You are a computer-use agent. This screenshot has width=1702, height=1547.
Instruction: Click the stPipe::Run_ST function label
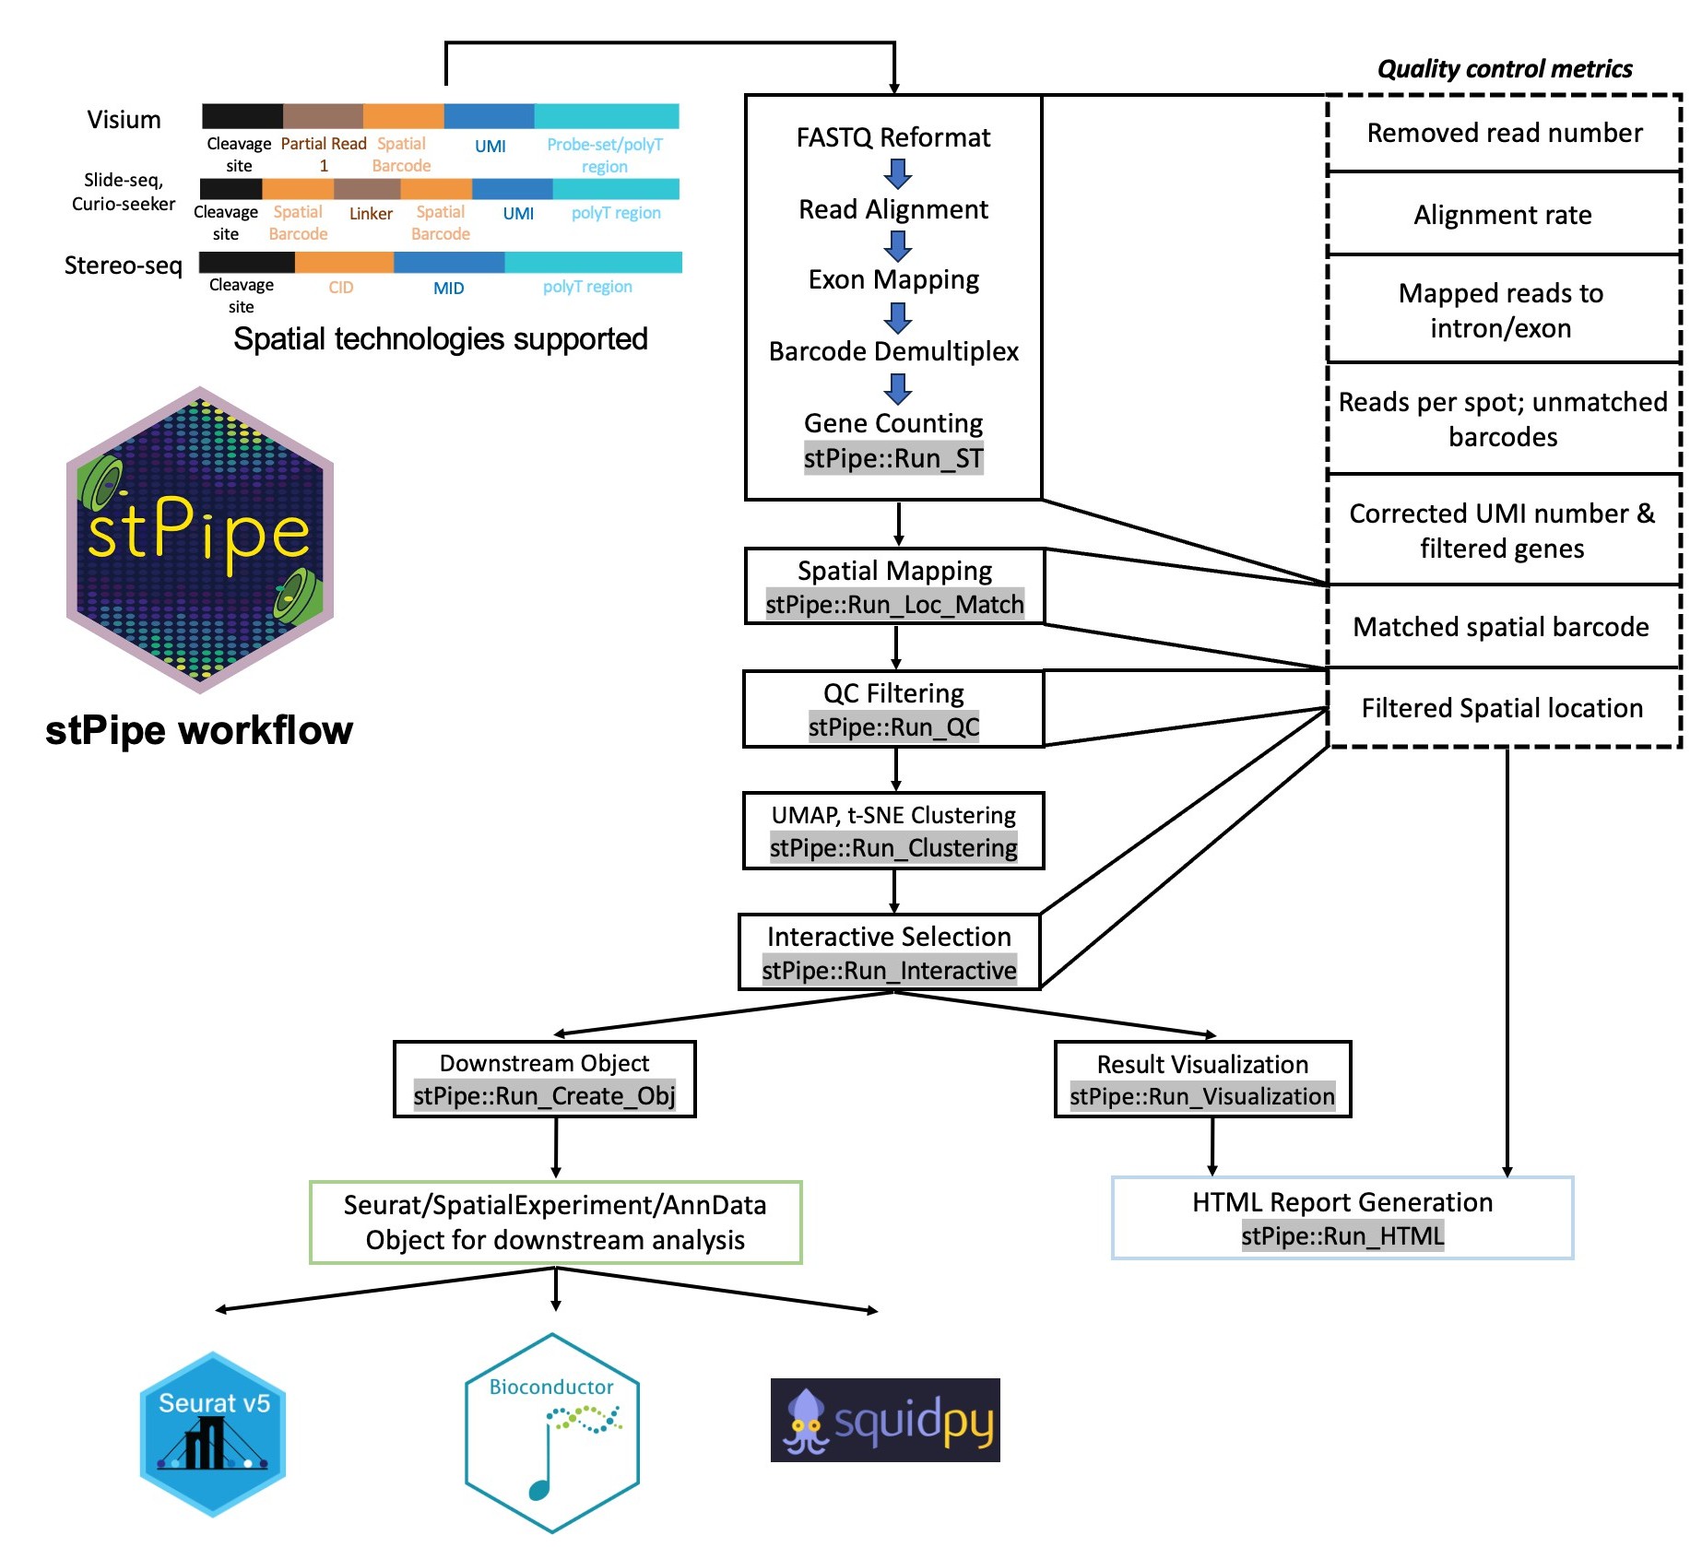pos(893,458)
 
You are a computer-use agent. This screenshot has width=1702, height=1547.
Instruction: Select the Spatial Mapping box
pos(894,586)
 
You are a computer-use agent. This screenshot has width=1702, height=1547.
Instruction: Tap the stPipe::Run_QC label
pos(893,727)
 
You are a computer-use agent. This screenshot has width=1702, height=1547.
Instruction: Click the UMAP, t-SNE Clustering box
pos(893,831)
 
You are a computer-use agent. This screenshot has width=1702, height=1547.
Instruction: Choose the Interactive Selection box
pos(890,952)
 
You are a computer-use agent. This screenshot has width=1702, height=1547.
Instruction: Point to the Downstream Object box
pos(545,1080)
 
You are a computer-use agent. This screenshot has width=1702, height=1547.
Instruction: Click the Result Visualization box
pos(1202,1080)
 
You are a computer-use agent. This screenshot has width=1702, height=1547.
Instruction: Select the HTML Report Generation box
pos(1342,1218)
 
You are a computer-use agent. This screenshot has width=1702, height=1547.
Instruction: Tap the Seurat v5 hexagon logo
pos(213,1434)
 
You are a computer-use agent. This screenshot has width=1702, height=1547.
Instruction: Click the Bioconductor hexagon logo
pos(551,1433)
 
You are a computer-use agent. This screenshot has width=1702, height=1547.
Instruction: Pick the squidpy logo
pos(885,1420)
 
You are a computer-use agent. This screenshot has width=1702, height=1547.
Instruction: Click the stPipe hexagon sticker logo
pos(200,540)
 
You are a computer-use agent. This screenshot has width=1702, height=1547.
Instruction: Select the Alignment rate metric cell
pos(1503,215)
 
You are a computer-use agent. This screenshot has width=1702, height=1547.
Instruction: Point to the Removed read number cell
pos(1504,134)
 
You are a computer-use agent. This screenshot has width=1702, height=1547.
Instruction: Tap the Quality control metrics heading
pos(1504,69)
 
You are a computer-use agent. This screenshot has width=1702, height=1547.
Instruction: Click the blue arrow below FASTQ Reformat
pos(897,173)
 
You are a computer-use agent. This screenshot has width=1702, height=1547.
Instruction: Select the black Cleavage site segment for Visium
pos(242,116)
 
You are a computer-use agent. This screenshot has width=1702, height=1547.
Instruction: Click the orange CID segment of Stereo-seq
pos(344,263)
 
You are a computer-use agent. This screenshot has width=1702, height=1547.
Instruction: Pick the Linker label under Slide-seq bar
pos(371,214)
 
